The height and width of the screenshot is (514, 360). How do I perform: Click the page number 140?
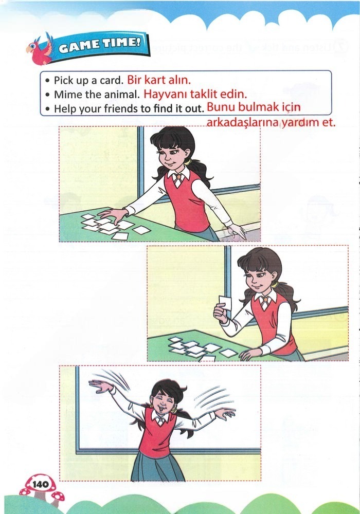pyautogui.click(x=40, y=484)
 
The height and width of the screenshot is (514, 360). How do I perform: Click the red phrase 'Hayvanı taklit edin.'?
pyautogui.click(x=195, y=95)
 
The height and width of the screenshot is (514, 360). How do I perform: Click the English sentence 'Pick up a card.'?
pyautogui.click(x=88, y=81)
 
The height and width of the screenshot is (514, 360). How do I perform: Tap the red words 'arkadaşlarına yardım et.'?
pyautogui.click(x=270, y=123)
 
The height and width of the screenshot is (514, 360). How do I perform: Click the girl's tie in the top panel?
pyautogui.click(x=177, y=180)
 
